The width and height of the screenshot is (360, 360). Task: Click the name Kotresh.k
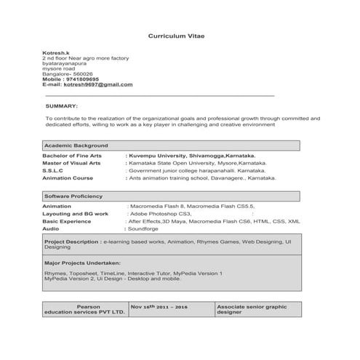click(x=55, y=52)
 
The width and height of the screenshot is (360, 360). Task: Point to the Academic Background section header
click(x=76, y=145)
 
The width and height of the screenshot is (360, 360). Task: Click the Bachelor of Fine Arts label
click(x=72, y=156)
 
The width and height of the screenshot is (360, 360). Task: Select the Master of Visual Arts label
click(x=71, y=163)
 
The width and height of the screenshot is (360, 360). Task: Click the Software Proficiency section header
click(x=73, y=196)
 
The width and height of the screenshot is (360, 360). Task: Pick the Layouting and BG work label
click(x=75, y=214)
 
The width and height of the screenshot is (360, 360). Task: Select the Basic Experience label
click(x=67, y=221)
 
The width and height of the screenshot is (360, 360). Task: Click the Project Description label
click(x=72, y=240)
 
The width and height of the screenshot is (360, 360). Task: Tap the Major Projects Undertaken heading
click(x=82, y=262)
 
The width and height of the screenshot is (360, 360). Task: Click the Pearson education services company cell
click(x=84, y=310)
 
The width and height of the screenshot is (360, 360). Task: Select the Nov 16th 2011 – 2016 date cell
click(x=159, y=308)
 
